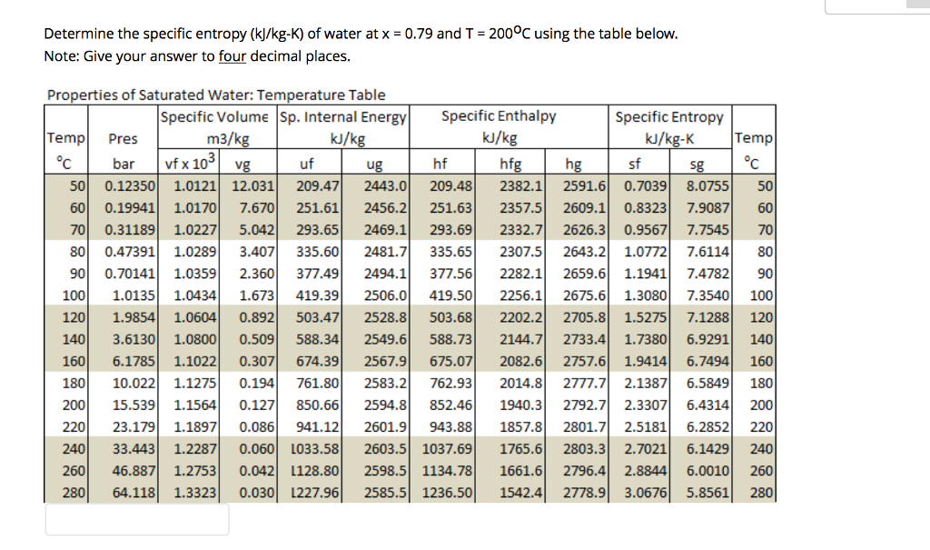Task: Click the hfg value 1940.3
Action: click(x=521, y=405)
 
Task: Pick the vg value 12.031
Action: click(x=247, y=186)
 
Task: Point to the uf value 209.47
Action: click(x=318, y=186)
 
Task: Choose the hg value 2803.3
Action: click(x=584, y=449)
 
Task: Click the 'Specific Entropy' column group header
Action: click(x=669, y=116)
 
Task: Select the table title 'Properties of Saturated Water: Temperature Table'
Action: click(x=216, y=95)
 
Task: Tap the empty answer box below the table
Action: click(x=137, y=520)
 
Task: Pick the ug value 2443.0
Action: click(x=385, y=186)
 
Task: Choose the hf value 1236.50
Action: click(x=448, y=493)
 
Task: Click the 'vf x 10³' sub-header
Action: click(x=190, y=164)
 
